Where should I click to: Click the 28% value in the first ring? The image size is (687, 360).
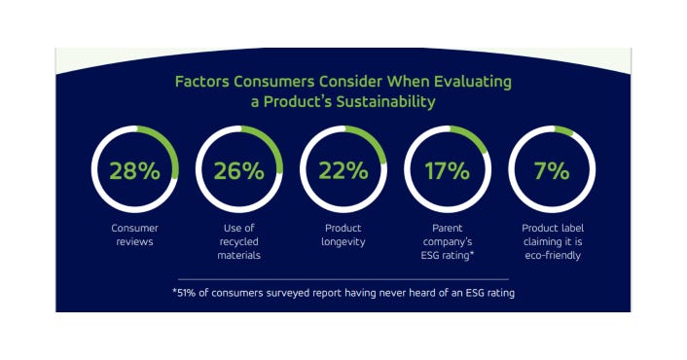pos(134,171)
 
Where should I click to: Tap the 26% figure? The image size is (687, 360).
pos(239,171)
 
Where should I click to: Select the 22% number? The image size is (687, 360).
pos(343,171)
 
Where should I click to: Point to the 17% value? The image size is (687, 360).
pos(448,171)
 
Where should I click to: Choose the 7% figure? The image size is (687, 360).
pos(552,171)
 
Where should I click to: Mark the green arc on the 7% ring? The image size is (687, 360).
pos(565,129)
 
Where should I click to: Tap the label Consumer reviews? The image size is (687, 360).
pos(134,234)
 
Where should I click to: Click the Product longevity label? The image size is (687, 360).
pos(343,234)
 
